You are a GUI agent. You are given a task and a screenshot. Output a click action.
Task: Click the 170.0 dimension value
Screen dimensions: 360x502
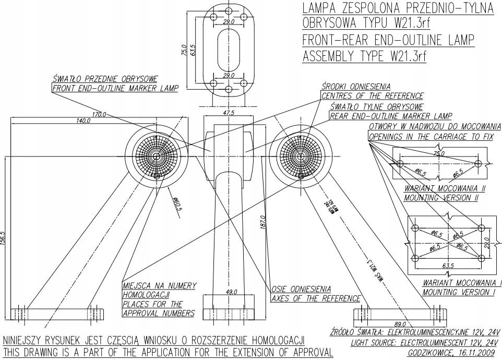click(98, 114)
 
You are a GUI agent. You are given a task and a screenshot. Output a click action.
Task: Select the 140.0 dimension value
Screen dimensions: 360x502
click(83, 121)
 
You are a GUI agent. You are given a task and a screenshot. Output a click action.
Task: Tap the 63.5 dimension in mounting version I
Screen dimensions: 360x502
click(448, 266)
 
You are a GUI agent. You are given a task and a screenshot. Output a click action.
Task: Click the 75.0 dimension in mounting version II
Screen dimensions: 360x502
click(439, 153)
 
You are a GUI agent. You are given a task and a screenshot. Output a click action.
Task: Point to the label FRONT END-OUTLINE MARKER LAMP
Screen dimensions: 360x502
click(115, 88)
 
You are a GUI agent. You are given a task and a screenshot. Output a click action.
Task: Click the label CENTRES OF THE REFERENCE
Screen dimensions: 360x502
click(372, 96)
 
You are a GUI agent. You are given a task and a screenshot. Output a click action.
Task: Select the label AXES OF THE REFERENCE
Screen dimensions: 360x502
click(316, 298)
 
